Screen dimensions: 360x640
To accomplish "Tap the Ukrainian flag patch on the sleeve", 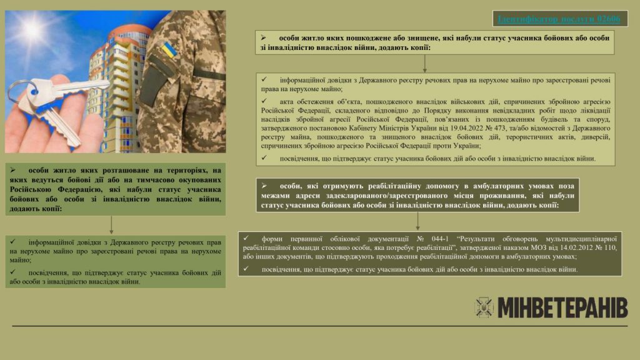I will point(168,51).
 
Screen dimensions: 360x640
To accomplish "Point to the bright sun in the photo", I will point(31,28).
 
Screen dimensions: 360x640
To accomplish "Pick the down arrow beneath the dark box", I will point(417,221).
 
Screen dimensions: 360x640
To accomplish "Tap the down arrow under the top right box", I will point(424,63).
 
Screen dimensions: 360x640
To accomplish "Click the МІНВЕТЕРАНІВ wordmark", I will point(562,307).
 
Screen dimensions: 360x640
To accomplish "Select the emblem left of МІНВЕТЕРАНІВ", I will point(484,307).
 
